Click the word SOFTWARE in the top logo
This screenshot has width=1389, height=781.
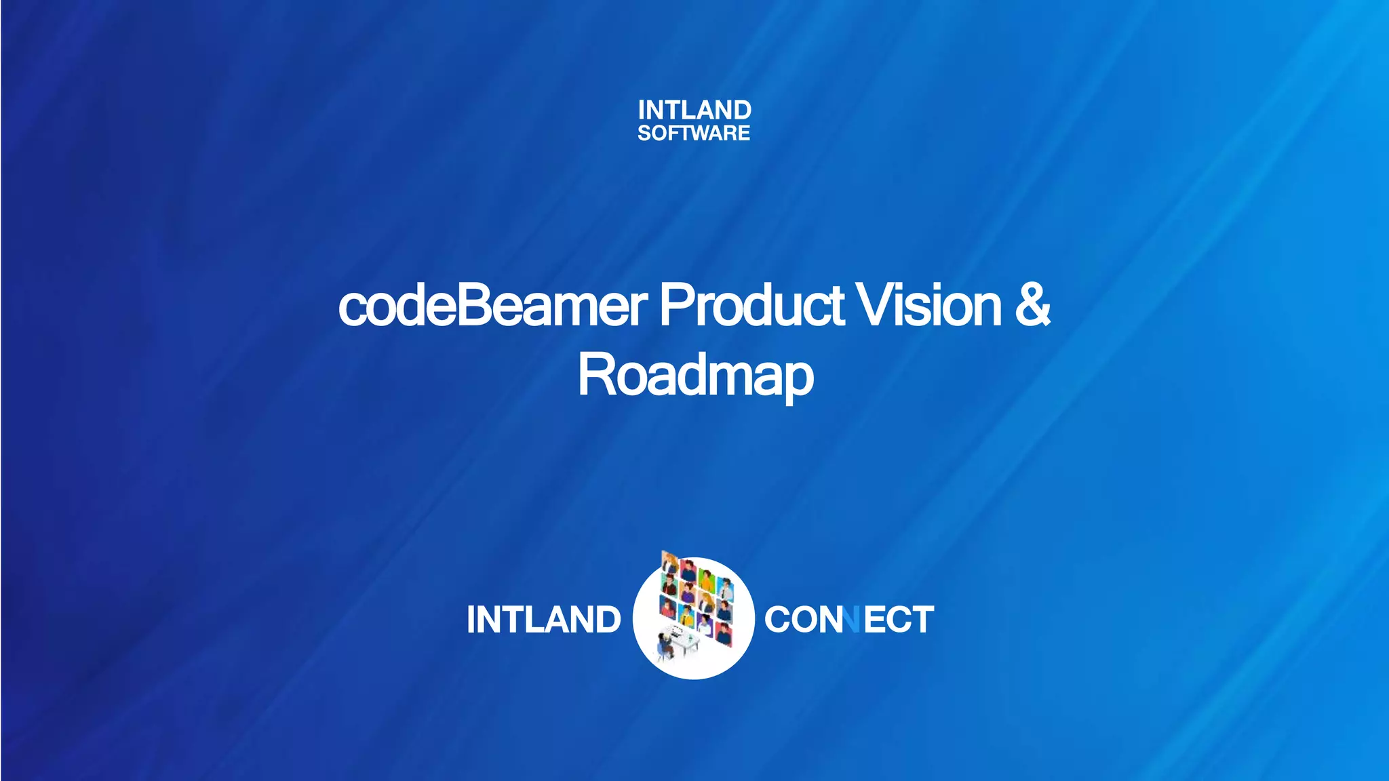tap(693, 133)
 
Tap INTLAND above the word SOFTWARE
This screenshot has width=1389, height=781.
tap(694, 110)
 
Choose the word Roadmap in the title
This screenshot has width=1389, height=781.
tap(695, 376)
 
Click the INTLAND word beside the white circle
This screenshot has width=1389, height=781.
tap(543, 620)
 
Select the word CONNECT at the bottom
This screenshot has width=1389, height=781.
tap(848, 620)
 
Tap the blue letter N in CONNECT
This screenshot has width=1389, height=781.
tap(851, 620)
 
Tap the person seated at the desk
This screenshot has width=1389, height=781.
tap(665, 643)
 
